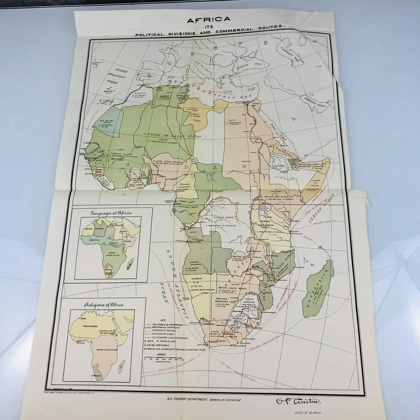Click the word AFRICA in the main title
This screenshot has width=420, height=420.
click(x=209, y=19)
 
